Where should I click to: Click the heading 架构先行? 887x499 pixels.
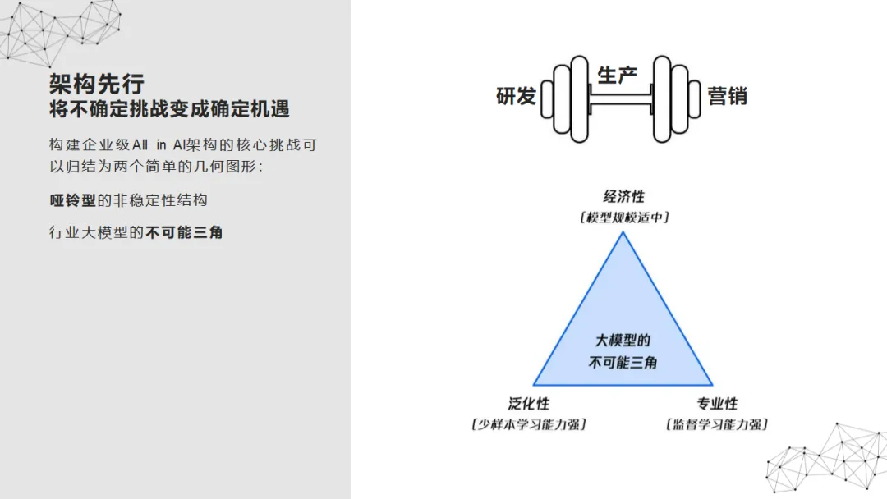pos(97,83)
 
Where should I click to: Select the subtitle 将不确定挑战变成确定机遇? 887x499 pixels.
pos(169,109)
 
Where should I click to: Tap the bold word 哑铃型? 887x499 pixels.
pos(73,200)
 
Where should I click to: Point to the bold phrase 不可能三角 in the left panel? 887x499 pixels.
pos(185,232)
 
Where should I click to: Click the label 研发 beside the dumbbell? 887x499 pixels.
pos(517,96)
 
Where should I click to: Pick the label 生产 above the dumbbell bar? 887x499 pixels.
pos(618,76)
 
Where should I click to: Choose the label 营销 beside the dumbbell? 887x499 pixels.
pos(727,96)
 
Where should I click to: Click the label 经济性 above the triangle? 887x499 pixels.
pos(624,197)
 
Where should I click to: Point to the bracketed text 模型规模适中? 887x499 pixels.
pos(624,217)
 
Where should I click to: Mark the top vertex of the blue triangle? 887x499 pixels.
pos(623,234)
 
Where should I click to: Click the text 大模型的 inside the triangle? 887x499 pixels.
pos(623,341)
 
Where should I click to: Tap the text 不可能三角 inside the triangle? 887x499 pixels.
pos(623,362)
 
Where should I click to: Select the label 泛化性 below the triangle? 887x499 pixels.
pos(529,404)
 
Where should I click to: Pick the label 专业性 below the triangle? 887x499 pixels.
pos(717,404)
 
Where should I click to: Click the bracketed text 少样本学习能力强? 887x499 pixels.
pos(529,424)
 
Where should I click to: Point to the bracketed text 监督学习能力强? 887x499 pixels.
pos(717,424)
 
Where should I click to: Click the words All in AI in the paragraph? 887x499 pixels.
pos(161,145)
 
